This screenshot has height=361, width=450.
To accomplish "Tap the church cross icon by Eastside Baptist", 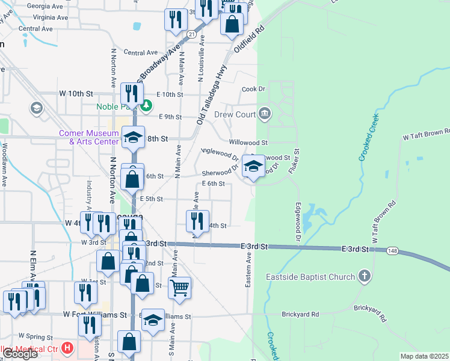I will click(x=364, y=277).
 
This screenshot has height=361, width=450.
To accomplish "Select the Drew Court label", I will click(x=235, y=114).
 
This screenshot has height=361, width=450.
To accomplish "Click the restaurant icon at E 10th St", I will click(x=131, y=93).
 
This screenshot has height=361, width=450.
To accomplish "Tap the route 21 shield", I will click(x=190, y=34).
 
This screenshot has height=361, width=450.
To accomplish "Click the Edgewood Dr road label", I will click(x=298, y=223).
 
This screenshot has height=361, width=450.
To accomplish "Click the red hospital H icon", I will click(x=67, y=348).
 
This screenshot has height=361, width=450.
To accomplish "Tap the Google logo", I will click(x=19, y=354).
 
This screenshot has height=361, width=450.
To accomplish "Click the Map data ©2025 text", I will click(x=424, y=356).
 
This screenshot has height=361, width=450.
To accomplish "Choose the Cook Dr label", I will click(x=253, y=89).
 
